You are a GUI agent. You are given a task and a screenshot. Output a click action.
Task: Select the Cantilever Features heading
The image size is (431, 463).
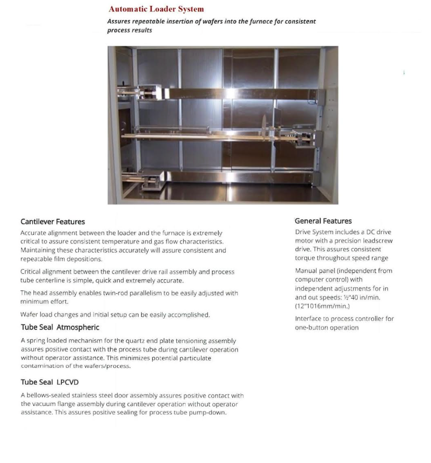point(52,222)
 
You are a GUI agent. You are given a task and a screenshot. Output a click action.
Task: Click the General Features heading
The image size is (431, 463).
point(323,221)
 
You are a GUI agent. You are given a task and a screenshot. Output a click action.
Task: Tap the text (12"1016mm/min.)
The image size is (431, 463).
point(322,306)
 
